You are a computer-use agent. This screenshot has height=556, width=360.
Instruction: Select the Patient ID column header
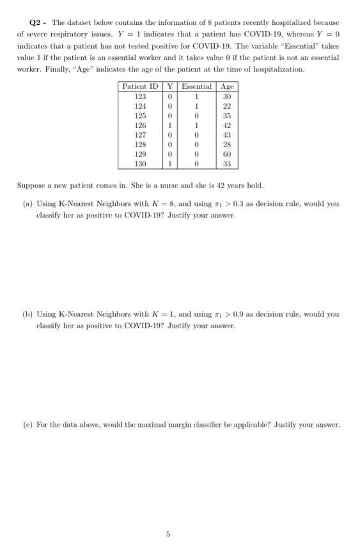point(140,86)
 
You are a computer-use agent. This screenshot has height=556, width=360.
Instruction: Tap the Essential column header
point(197,86)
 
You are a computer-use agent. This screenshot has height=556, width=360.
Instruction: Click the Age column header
point(226,86)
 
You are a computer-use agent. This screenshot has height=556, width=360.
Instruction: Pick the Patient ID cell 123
point(141,97)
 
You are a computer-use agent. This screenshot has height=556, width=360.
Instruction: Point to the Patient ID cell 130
point(141,164)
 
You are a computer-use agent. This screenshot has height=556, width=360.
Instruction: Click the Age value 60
point(226,154)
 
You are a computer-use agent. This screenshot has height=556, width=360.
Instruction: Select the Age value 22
point(226,106)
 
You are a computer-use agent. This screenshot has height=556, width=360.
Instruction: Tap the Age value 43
point(226,135)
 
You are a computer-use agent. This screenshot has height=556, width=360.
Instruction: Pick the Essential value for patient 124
point(197,106)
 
